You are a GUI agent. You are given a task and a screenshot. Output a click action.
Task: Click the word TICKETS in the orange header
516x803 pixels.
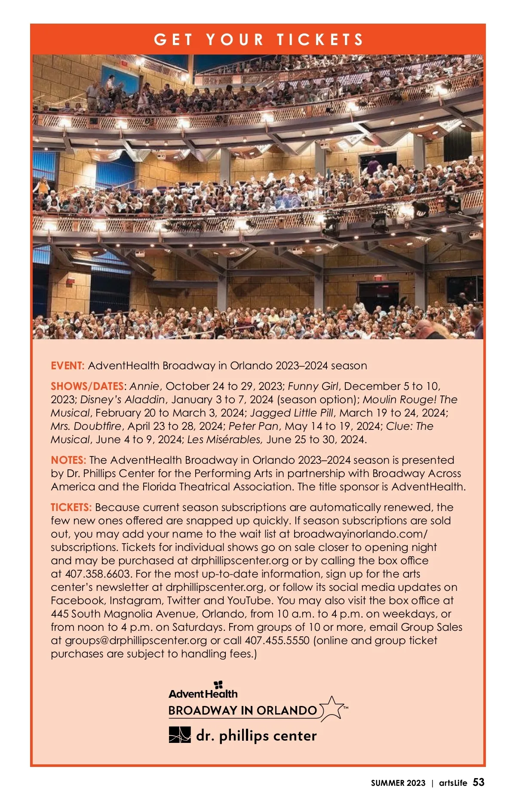point(320,40)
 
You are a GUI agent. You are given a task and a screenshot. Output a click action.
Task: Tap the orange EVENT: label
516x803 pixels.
point(68,366)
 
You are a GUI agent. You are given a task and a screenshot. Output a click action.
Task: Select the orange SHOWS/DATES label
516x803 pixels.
point(87,386)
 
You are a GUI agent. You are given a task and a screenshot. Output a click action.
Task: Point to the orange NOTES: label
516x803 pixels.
point(68,460)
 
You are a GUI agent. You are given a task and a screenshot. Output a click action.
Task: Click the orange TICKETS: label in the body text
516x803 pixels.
point(71,507)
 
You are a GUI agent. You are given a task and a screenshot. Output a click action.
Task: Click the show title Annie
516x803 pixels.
point(144,386)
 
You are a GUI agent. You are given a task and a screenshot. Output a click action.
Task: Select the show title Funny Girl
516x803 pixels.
point(313,386)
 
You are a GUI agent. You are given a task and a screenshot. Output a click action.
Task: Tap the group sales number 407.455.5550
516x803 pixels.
point(277,640)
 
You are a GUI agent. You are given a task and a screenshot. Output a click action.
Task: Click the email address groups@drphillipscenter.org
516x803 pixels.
point(136,640)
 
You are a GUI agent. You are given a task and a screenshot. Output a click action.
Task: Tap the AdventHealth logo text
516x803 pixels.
point(203,693)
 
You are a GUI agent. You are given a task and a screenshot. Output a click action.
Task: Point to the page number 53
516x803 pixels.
point(479,782)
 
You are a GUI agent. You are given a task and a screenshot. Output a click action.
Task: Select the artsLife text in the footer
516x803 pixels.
point(453,783)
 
